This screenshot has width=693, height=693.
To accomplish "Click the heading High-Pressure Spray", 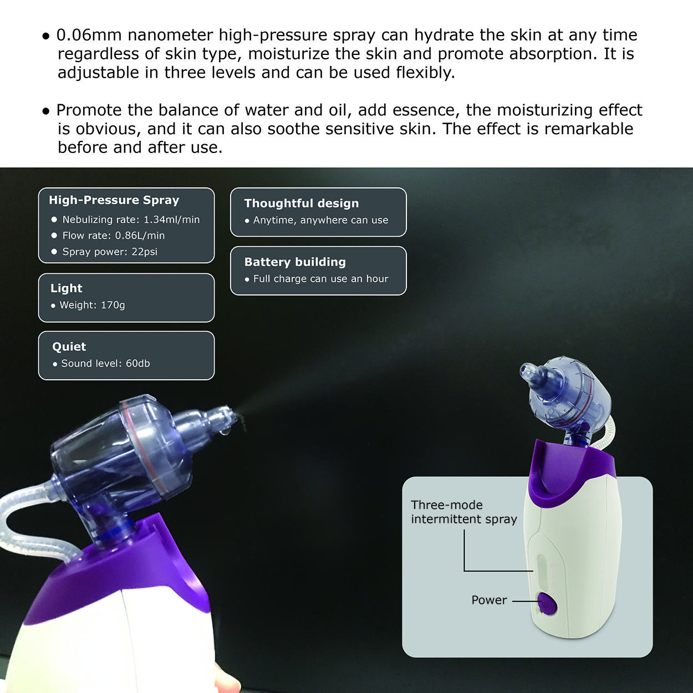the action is (114, 200).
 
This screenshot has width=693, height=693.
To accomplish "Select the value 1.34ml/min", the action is (171, 220).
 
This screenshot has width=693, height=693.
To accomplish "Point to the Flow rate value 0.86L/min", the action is (140, 236).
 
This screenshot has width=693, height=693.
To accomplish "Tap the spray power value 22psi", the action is (144, 252).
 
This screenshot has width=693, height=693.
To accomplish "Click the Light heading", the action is (66, 288).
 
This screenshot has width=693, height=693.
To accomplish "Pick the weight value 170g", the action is (113, 305).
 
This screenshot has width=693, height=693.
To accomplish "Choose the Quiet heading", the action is (69, 346).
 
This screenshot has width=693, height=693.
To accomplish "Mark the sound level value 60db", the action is (137, 363).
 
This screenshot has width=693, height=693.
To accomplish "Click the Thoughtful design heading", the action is (302, 203).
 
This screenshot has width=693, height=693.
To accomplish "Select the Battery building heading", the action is (295, 262).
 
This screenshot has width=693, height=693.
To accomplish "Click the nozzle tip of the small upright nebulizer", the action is (524, 369).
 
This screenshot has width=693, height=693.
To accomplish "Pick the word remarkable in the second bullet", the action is (588, 129).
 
